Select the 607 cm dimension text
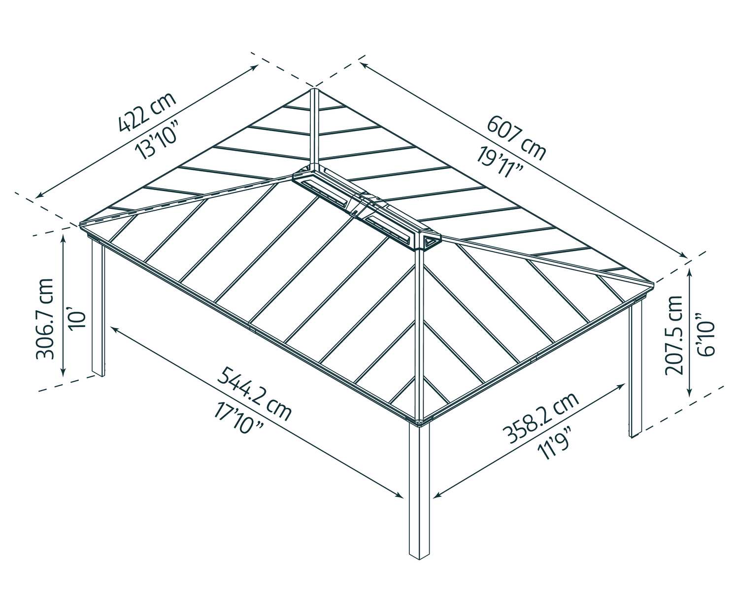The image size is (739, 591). [x=516, y=136]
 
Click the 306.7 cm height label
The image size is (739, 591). [x=45, y=319]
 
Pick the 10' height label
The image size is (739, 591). [x=77, y=319]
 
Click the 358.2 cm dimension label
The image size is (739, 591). [x=539, y=418]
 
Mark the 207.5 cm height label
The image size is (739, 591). [x=673, y=335]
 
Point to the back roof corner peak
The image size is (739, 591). [x=314, y=90]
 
